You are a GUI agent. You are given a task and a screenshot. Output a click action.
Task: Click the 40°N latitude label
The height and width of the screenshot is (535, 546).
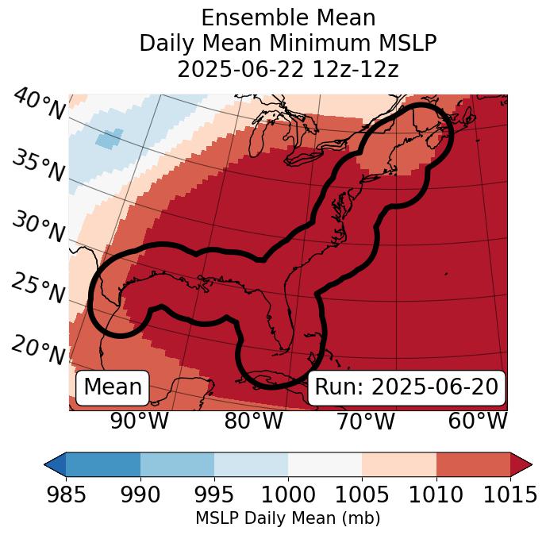click(x=38, y=106)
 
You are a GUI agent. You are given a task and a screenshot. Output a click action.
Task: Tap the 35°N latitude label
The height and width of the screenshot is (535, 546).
click(x=38, y=166)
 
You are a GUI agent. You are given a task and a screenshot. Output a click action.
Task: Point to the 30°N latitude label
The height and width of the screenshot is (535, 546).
click(x=38, y=228)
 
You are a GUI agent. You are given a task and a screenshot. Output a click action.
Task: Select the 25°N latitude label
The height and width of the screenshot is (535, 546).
click(x=38, y=289)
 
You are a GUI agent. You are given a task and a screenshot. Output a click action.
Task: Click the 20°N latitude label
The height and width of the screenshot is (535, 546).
click(x=38, y=350)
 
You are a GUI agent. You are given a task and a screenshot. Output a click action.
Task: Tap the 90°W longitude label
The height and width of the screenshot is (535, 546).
click(x=139, y=421)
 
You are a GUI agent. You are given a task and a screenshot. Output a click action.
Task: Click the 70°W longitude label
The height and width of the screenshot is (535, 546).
click(x=365, y=421)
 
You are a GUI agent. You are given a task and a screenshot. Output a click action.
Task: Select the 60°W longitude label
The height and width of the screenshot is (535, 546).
click(x=478, y=421)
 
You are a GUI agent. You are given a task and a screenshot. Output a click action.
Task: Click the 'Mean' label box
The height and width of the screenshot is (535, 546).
click(x=113, y=387)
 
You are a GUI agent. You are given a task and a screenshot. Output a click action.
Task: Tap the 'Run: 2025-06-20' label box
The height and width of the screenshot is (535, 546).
click(x=406, y=387)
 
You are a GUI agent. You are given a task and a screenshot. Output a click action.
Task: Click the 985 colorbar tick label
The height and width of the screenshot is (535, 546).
click(x=66, y=495)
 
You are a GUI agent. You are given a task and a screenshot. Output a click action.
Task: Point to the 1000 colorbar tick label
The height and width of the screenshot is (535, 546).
click(x=288, y=495)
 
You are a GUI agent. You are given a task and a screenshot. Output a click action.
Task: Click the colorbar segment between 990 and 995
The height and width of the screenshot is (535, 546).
click(x=177, y=464)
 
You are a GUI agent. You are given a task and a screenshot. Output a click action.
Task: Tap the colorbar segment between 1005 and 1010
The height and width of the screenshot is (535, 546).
click(x=399, y=464)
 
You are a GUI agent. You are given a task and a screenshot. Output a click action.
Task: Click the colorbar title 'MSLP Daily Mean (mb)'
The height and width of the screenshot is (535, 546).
click(x=287, y=519)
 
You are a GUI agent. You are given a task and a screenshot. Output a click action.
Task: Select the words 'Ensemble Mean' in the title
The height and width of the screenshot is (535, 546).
click(x=288, y=18)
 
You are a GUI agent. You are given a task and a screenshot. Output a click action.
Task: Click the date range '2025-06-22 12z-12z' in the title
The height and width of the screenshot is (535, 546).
click(x=288, y=69)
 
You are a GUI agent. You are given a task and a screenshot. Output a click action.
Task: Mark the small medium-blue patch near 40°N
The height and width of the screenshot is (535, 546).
click(x=110, y=138)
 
